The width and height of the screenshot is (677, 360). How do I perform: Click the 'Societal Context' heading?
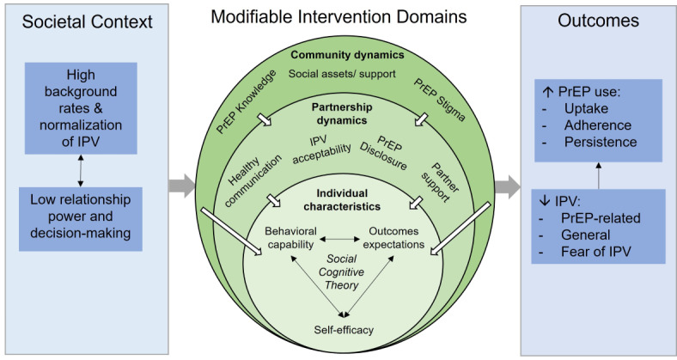[88, 21]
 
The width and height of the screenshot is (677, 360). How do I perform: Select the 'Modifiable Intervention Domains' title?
[339, 17]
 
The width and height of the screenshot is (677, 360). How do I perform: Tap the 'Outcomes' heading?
[599, 21]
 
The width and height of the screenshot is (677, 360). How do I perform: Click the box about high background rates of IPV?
[81, 108]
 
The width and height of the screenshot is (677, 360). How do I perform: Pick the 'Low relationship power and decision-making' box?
[81, 219]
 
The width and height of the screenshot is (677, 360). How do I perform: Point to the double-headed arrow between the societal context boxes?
[81, 170]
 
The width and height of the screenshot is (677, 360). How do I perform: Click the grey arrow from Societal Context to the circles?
[182, 186]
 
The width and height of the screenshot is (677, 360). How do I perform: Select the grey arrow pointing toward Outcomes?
[507, 187]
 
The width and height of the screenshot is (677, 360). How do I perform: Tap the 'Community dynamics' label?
[347, 55]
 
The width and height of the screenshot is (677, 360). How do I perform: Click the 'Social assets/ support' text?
[342, 74]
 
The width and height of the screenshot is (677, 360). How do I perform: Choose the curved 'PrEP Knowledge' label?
[246, 102]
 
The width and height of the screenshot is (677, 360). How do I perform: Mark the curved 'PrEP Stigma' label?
[440, 100]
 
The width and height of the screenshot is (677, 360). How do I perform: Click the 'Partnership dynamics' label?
[342, 113]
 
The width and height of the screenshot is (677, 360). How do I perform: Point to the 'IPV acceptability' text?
[321, 149]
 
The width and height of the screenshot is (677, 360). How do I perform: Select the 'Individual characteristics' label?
[342, 200]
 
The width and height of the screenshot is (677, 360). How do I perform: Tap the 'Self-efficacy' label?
[344, 330]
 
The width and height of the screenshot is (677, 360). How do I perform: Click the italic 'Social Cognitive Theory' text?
[342, 272]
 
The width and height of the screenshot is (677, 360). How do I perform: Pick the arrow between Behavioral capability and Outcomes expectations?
[340, 239]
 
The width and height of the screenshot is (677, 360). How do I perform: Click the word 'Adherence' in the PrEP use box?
[598, 125]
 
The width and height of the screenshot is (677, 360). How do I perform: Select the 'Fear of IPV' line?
[596, 252]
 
